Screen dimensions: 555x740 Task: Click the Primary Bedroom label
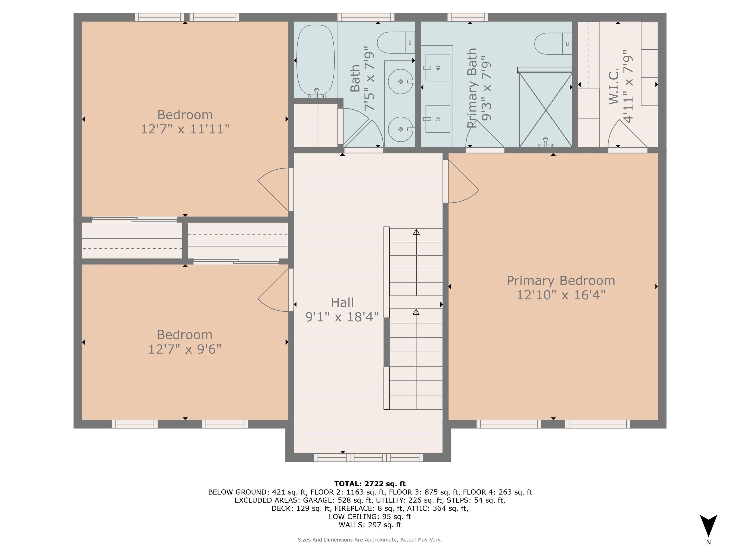561,281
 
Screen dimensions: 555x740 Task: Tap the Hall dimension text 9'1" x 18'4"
342,317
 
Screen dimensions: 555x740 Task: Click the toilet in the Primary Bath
553,44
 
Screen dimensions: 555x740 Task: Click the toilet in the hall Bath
396,42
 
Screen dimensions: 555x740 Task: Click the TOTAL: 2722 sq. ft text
370,484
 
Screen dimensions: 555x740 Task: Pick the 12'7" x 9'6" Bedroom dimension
185,349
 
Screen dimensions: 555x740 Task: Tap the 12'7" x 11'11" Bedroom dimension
185,129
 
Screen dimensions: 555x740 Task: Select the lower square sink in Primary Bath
438,119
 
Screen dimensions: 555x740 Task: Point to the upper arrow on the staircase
416,232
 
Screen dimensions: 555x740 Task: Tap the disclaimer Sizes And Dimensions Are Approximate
370,540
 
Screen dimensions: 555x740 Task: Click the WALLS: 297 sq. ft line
370,525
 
